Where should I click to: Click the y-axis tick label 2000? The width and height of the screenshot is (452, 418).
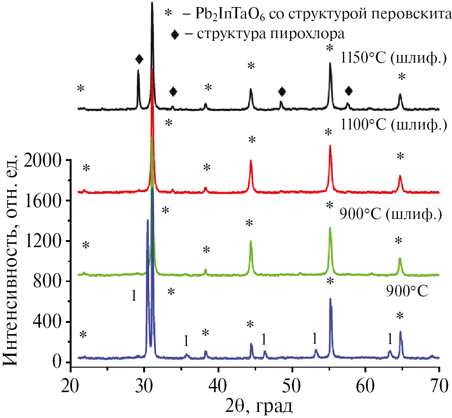(45, 161)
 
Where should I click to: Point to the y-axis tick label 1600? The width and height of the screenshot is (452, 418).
(45, 201)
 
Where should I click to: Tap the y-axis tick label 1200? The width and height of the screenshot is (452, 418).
(45, 241)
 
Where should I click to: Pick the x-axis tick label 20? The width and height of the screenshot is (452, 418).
(71, 382)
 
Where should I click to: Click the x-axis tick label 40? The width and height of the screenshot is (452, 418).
(218, 382)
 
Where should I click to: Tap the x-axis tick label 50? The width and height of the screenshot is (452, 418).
(291, 382)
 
